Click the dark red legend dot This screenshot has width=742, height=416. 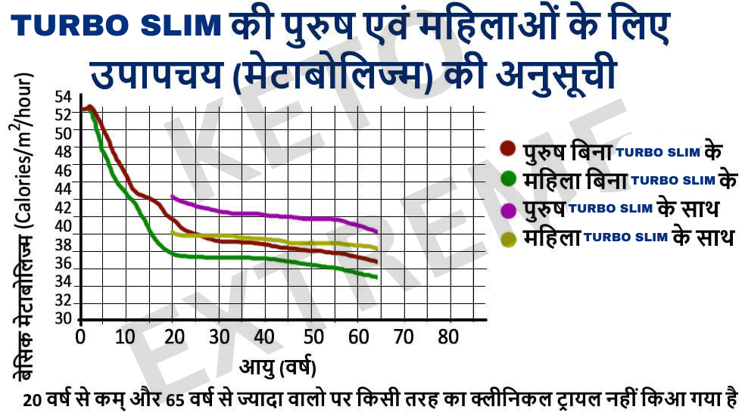[x=509, y=148]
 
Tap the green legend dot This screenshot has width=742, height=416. [x=509, y=179]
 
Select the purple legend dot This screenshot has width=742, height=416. [x=509, y=209]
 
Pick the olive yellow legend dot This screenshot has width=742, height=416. [x=509, y=238]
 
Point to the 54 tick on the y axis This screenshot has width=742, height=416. [x=63, y=98]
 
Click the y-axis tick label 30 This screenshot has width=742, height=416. [x=63, y=318]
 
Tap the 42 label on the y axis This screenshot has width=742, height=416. [x=63, y=208]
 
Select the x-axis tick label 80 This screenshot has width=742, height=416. [x=449, y=337]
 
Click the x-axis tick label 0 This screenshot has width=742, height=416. [x=81, y=337]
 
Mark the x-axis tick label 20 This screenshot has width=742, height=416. [x=173, y=337]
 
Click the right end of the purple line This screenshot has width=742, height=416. [x=376, y=231]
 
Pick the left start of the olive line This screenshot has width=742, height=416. [x=173, y=232]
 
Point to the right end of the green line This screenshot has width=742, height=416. [x=376, y=277]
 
